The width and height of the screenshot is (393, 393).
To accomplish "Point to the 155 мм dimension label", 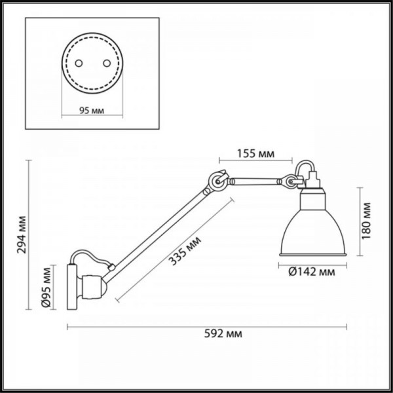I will pyautogui.click(x=255, y=155).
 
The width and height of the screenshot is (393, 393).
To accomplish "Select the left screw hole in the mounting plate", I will pyautogui.click(x=77, y=64).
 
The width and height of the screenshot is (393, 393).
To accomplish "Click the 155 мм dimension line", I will pyautogui.click(x=255, y=162).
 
